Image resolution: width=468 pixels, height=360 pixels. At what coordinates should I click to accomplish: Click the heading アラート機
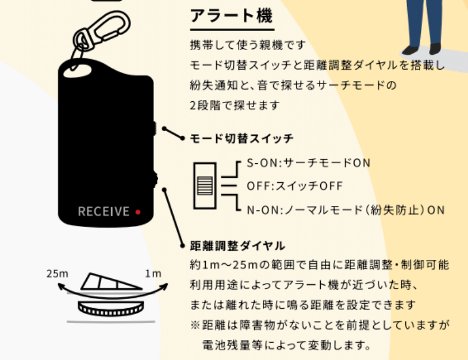(x=231, y=16)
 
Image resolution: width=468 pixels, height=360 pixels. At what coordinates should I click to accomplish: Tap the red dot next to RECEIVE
(x=138, y=212)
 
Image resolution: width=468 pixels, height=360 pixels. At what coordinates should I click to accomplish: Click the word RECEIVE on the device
(x=103, y=212)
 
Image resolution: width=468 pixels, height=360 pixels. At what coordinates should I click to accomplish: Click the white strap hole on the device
(x=77, y=72)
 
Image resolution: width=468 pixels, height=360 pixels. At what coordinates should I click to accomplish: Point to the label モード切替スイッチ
(x=241, y=139)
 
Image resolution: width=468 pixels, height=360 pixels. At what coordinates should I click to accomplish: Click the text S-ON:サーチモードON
(x=309, y=163)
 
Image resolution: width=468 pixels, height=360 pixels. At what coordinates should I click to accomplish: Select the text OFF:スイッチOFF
(x=294, y=186)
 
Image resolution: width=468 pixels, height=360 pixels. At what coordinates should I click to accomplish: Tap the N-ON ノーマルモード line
(x=346, y=210)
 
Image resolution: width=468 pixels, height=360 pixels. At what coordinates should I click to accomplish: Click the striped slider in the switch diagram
(x=205, y=186)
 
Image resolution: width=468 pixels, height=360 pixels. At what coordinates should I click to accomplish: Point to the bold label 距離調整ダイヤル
(x=237, y=246)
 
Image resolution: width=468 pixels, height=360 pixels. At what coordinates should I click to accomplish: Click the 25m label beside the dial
(x=57, y=273)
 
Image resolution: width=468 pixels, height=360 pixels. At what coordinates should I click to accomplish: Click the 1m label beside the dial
(x=153, y=273)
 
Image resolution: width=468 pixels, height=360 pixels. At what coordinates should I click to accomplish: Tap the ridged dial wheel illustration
(x=111, y=309)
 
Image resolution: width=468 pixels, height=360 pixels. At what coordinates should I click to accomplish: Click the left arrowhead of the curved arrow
(x=62, y=287)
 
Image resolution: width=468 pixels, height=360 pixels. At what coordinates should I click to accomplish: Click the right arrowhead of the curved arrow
(x=164, y=287)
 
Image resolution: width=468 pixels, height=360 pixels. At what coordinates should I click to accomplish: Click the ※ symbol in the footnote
(x=195, y=325)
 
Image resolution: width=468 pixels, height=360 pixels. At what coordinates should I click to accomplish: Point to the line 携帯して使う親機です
(x=248, y=45)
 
